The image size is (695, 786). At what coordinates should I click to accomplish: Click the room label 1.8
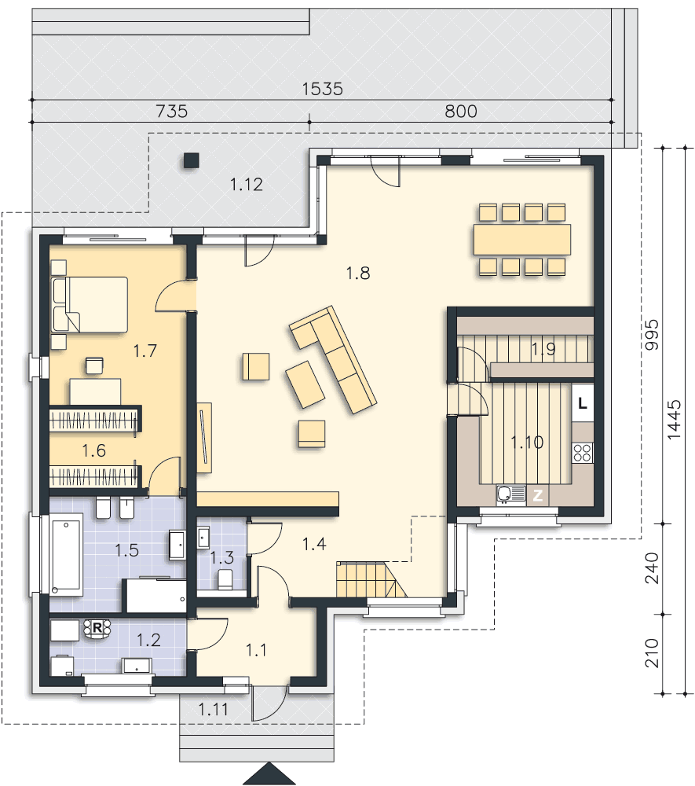tap(357, 274)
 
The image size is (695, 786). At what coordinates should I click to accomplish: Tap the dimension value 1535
tap(322, 89)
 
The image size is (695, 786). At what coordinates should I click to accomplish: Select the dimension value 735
tap(171, 112)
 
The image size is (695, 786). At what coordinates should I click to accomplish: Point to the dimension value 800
tap(461, 112)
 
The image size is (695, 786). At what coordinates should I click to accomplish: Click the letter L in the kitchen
tap(582, 404)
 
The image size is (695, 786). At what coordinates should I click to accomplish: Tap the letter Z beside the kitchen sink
tap(538, 495)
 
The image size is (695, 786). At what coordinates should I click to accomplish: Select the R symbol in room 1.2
tap(97, 627)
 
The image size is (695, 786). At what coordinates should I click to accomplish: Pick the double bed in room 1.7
tap(90, 304)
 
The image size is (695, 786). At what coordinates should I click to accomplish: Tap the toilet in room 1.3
tap(225, 579)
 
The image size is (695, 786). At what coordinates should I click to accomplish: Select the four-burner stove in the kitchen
tap(583, 452)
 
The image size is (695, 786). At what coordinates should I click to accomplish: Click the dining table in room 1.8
tap(521, 239)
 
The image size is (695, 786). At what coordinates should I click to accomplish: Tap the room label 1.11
tap(213, 709)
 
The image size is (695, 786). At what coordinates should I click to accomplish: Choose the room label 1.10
tap(526, 443)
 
